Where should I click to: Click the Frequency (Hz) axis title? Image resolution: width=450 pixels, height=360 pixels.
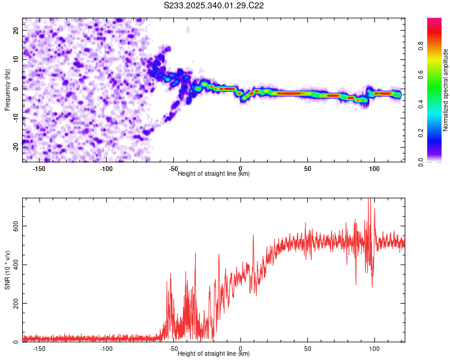[7, 89]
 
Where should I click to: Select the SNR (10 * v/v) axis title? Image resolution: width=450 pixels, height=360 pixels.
[7, 269]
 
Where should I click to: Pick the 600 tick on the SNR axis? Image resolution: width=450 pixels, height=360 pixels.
[14, 226]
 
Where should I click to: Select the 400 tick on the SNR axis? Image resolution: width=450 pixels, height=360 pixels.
[14, 265]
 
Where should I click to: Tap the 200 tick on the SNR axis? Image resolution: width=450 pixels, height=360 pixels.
[14, 304]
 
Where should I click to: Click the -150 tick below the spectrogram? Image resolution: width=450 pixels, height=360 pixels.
[40, 169]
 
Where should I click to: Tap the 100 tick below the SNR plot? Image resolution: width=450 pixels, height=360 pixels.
[374, 349]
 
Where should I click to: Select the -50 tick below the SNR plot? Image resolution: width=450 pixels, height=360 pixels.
[173, 349]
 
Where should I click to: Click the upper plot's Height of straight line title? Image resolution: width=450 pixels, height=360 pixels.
[214, 174]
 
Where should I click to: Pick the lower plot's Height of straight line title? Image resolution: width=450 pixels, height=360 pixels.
[214, 354]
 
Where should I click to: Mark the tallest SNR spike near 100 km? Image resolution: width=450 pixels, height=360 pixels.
[370, 200]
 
